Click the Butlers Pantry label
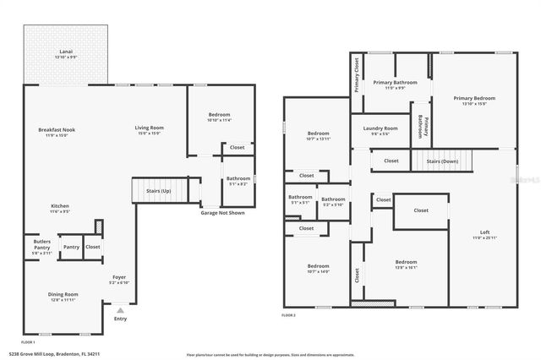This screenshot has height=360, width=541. (42, 246)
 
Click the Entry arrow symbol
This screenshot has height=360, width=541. (120, 312)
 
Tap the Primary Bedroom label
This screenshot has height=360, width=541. (473, 100)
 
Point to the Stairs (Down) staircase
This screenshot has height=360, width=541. (442, 160)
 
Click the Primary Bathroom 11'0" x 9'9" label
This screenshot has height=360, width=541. (395, 85)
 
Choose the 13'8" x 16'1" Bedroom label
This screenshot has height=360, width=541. (406, 264)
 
